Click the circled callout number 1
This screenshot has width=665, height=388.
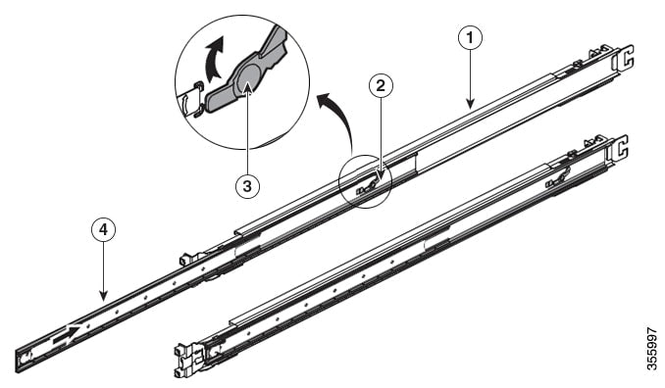470,38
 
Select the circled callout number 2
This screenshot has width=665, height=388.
381,86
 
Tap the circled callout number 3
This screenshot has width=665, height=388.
247,185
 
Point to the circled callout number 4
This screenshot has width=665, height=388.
104,229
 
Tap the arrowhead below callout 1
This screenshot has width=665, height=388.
470,103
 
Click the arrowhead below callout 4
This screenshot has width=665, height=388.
104,295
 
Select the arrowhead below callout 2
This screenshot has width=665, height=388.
381,175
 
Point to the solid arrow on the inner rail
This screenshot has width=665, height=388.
67,334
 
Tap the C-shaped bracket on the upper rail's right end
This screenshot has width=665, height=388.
624,57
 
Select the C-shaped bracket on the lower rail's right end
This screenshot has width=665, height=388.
619,148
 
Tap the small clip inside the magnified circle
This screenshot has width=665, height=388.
191,100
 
